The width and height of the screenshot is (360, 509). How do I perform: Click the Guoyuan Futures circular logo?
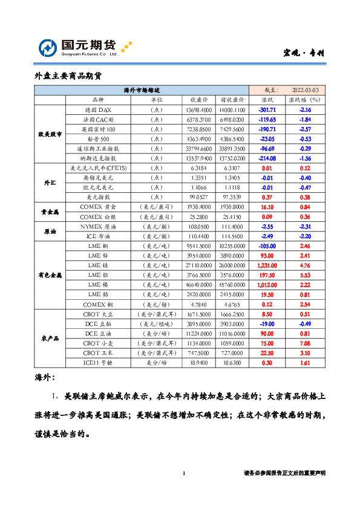click(x=48, y=48)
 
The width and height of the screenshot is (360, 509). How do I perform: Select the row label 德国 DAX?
click(x=97, y=110)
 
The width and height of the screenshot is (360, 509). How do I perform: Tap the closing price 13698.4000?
click(x=198, y=110)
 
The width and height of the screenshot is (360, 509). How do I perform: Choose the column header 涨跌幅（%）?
click(x=304, y=100)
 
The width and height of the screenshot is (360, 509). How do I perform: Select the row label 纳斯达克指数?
click(x=97, y=158)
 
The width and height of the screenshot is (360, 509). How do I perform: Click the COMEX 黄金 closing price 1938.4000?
click(x=198, y=206)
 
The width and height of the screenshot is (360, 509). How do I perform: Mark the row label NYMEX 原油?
click(x=97, y=225)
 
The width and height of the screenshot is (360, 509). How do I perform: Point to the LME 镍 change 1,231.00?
click(x=267, y=264)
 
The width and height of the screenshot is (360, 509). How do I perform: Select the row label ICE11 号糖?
click(x=97, y=363)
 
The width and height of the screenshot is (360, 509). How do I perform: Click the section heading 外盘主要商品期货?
click(x=68, y=76)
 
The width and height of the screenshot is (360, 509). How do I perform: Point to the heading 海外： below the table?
click(x=45, y=377)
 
